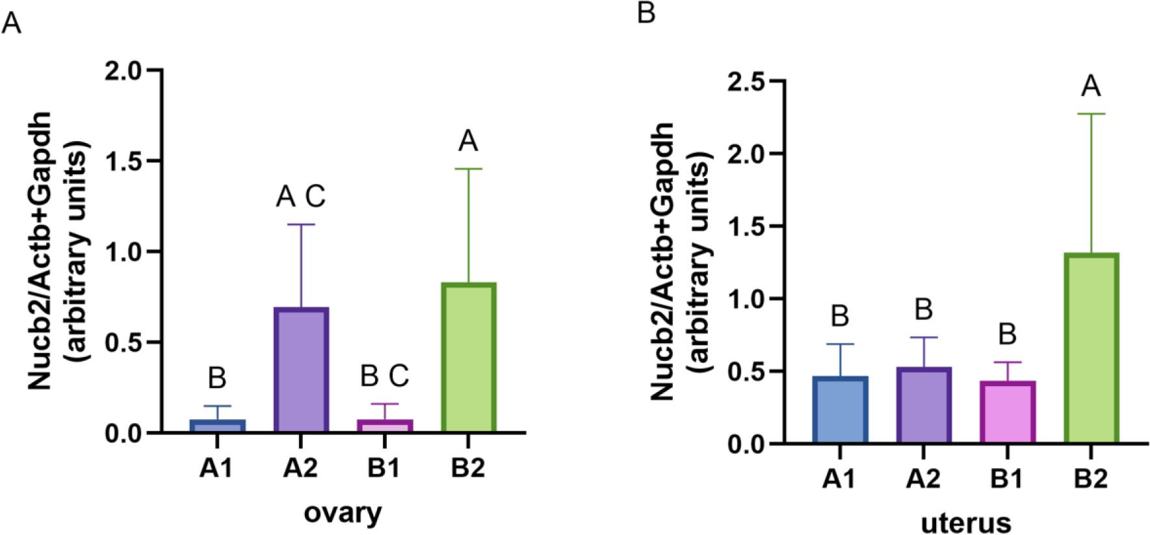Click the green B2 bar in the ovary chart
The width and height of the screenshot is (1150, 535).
[468, 358]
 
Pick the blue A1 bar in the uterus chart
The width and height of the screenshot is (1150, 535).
[840, 410]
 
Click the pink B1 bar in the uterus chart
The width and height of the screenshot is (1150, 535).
[1006, 412]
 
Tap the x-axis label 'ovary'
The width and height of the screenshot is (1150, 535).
[343, 513]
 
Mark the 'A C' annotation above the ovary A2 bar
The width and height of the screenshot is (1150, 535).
[300, 197]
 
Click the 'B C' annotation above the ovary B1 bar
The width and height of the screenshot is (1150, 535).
[384, 376]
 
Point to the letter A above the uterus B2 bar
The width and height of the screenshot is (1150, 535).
[1090, 86]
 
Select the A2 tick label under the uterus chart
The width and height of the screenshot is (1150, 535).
[923, 480]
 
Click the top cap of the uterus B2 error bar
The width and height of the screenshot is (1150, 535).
[1090, 114]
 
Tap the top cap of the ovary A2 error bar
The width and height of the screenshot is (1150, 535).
[300, 225]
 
